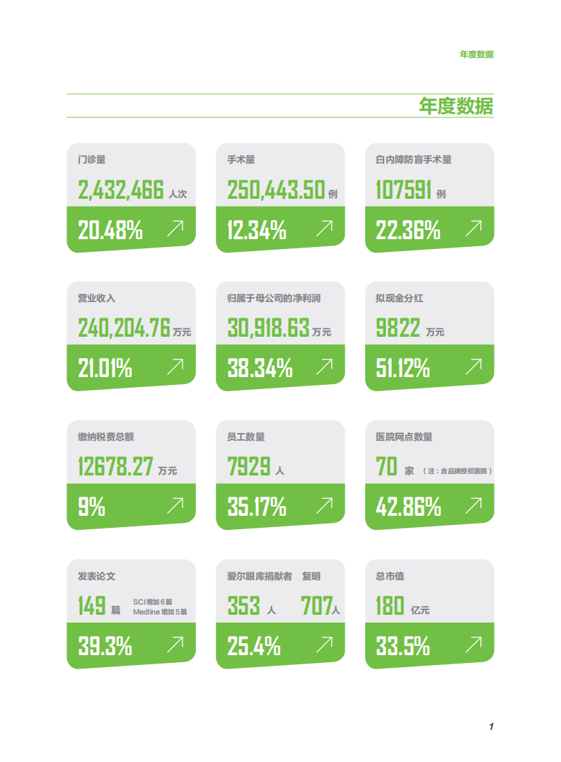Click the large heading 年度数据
pos(456,106)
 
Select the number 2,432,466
pos(120,190)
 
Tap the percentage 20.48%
pos(110,230)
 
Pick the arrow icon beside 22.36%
pos(473,228)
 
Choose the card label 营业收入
pos(96,298)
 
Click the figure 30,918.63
pos(268,328)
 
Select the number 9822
pos(398,328)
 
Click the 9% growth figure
pos(91,507)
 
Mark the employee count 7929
pos(249,466)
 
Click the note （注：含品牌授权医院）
pos(457,471)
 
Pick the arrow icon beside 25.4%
pos(324,643)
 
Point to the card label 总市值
pos(390,576)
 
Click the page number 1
pos(490,727)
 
